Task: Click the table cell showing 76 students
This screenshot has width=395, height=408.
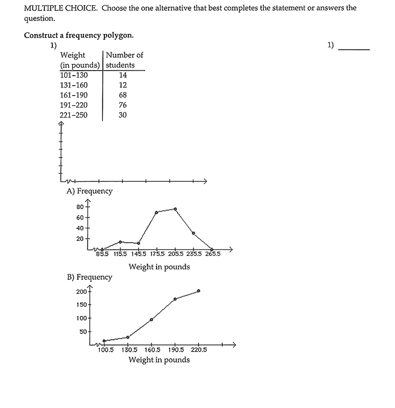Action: click(123, 105)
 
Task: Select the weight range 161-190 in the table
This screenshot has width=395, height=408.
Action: click(73, 95)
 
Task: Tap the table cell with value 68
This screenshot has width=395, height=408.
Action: click(123, 95)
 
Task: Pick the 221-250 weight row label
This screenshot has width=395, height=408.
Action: click(73, 115)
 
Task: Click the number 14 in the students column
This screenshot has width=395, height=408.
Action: click(123, 75)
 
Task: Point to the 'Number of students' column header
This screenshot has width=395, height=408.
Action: click(124, 60)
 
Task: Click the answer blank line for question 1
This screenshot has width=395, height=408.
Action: click(354, 49)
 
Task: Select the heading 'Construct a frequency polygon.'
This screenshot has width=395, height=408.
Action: click(79, 35)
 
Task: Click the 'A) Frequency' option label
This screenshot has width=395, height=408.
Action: click(90, 191)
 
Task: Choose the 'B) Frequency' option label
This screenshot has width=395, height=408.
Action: click(90, 277)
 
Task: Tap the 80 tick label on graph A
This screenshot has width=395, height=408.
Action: click(80, 207)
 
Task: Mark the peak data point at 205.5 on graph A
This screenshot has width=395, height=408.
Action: click(175, 209)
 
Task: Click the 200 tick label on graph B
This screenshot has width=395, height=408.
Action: click(81, 292)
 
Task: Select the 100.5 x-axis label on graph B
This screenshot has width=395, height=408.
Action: click(106, 350)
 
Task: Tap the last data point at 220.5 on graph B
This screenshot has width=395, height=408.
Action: click(198, 290)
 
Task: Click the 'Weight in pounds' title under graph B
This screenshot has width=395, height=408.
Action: click(159, 360)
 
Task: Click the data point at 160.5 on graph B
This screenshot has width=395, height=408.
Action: click(152, 319)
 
